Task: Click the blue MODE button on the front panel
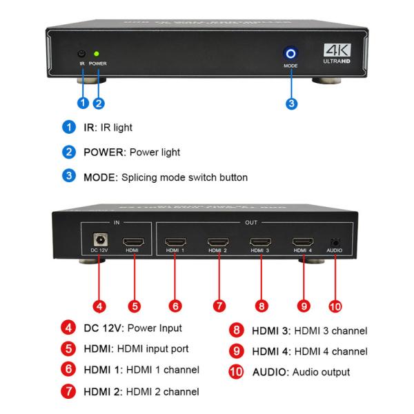290,53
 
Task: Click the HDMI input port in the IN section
132,242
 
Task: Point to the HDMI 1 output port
175,242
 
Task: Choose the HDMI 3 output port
260,242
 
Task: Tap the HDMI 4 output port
302,242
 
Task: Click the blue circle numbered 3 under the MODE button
291,103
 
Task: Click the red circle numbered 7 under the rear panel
218,304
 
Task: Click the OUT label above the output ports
252,223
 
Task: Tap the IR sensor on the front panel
81,54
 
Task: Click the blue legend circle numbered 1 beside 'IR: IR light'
68,128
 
